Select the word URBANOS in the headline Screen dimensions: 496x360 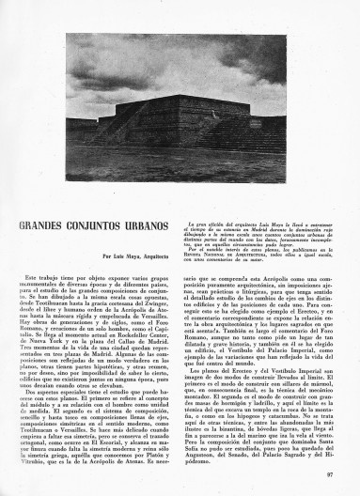[x=147, y=228]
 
